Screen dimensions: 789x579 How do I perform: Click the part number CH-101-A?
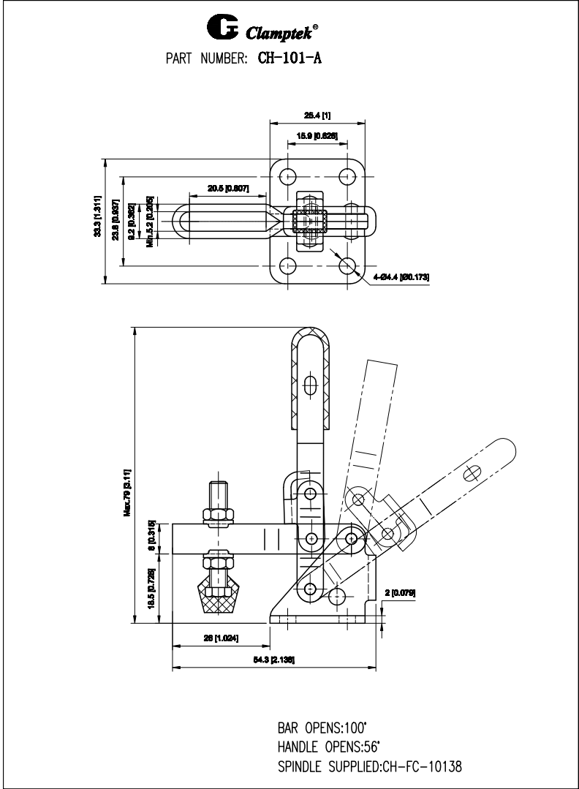click(289, 58)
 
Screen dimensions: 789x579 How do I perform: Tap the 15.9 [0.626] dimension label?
click(316, 135)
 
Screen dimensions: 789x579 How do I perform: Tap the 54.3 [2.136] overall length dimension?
click(274, 660)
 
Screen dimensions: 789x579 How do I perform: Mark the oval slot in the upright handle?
click(311, 385)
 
